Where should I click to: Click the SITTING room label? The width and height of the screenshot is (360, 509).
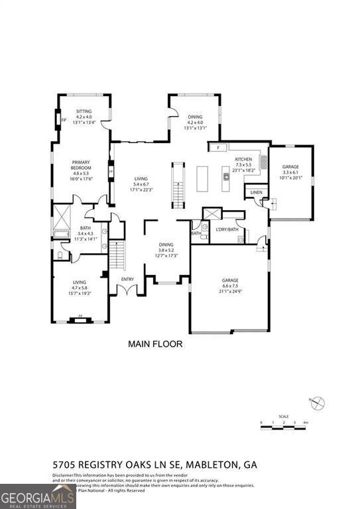point(84,111)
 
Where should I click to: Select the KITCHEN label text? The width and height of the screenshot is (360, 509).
point(243,160)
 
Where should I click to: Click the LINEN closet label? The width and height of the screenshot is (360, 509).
point(256,192)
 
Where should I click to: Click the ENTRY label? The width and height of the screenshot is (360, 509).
point(127,279)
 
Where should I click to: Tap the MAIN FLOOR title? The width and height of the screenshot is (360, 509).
point(154,344)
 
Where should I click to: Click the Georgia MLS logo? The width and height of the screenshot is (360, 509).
point(38,496)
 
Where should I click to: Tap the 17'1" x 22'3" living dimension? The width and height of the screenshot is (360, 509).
point(141,190)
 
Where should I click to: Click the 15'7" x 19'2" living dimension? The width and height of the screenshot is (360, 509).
point(80,294)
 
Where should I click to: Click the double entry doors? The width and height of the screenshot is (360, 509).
point(127,290)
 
